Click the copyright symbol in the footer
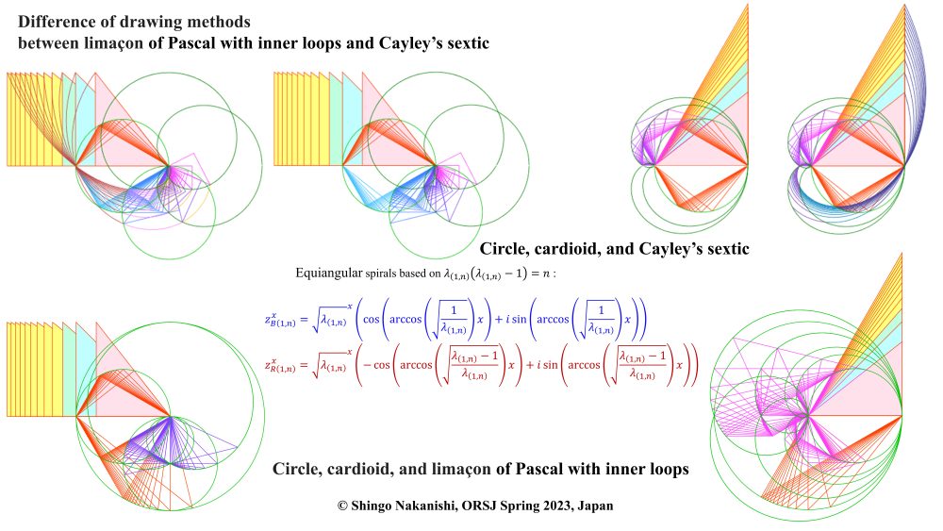(x=343, y=506)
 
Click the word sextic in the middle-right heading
(x=723, y=250)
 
